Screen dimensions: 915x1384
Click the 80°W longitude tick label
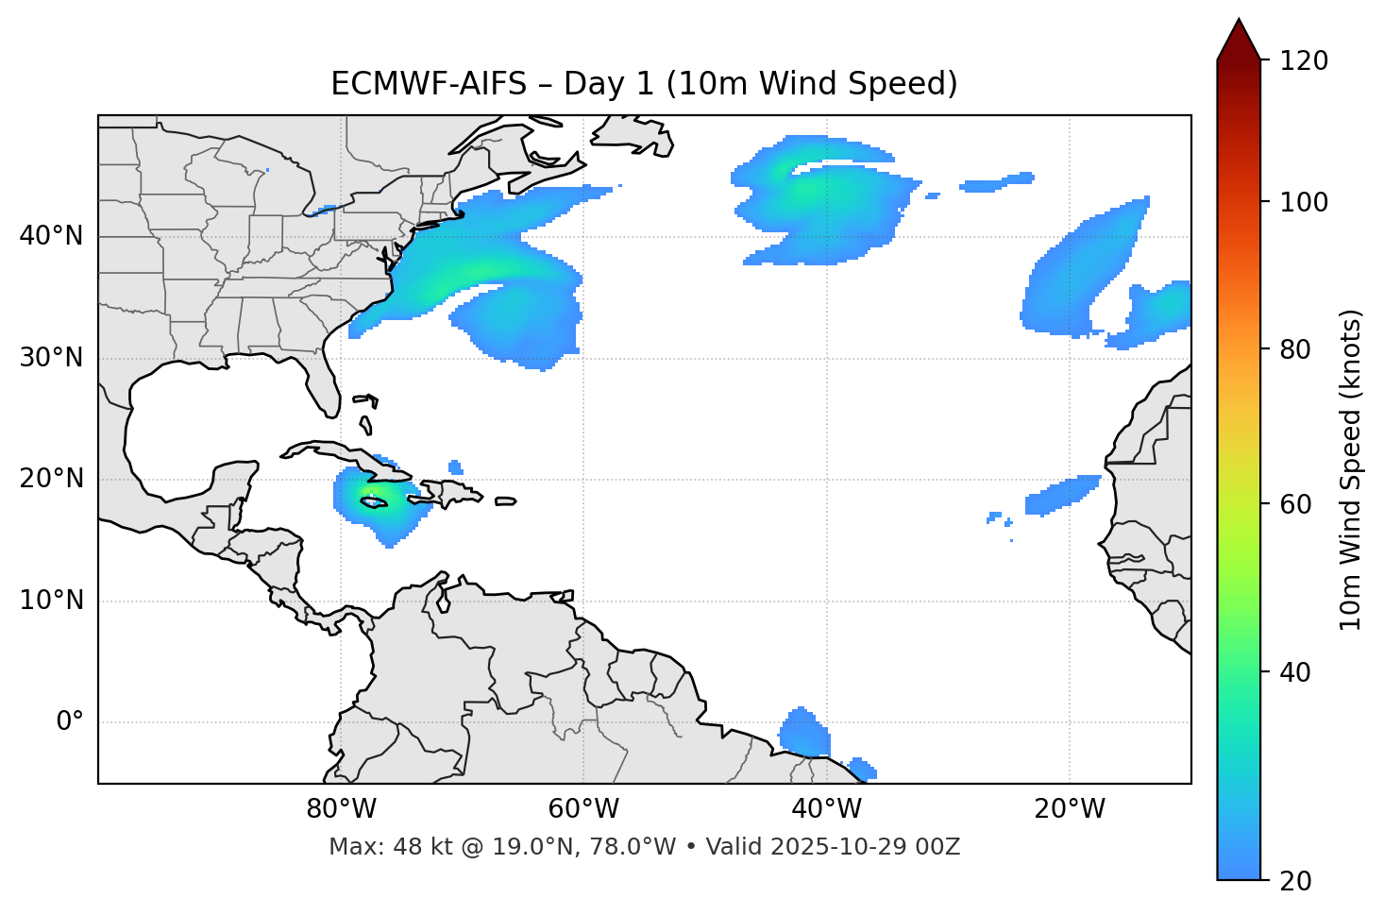341,809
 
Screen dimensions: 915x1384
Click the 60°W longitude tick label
583,809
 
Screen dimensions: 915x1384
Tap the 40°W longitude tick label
826,809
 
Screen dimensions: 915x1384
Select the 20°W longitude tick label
1070,809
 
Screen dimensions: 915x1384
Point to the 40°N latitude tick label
52,236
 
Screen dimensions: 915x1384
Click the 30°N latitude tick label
52,358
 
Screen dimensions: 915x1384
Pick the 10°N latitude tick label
52,601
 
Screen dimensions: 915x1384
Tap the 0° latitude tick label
70,722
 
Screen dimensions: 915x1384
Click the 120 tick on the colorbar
1303,61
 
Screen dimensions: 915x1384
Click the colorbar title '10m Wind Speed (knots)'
1351,470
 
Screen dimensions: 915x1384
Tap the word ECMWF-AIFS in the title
429,84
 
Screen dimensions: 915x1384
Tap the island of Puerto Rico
505,501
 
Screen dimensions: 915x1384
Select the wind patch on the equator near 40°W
804,733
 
